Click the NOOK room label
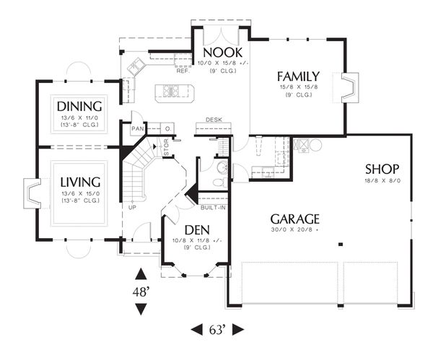tap(222, 53)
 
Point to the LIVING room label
tap(80, 181)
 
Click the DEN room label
tap(192, 229)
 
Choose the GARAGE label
tap(295, 219)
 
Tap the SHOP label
tap(383, 169)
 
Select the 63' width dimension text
tap(217, 330)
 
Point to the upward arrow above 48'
tap(141, 274)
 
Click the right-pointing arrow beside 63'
tap(238, 330)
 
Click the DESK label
tap(213, 119)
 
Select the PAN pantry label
tap(137, 128)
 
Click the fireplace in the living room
tap(32, 193)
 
